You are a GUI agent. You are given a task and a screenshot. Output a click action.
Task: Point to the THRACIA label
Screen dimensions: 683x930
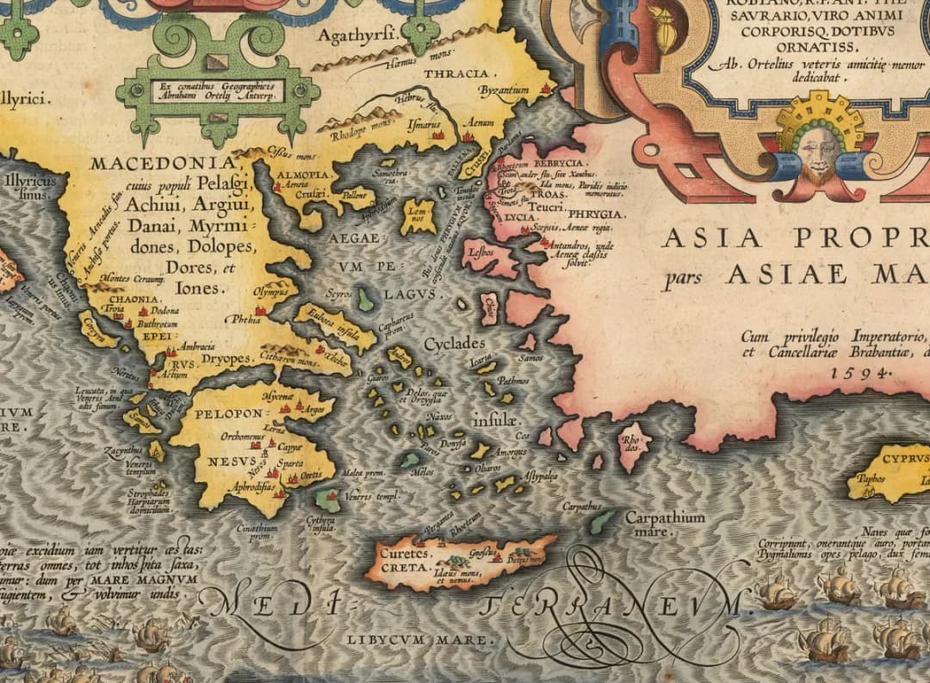(x=456, y=74)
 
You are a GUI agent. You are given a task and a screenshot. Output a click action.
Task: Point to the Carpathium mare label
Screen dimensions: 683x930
(x=664, y=524)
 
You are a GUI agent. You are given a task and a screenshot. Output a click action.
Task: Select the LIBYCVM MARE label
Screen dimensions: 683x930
(x=422, y=640)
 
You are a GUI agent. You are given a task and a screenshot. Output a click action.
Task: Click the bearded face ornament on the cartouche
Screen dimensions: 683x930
(x=818, y=156)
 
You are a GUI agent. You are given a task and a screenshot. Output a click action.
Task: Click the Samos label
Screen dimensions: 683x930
(x=530, y=357)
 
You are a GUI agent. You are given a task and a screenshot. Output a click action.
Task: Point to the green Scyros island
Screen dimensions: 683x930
(x=366, y=301)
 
